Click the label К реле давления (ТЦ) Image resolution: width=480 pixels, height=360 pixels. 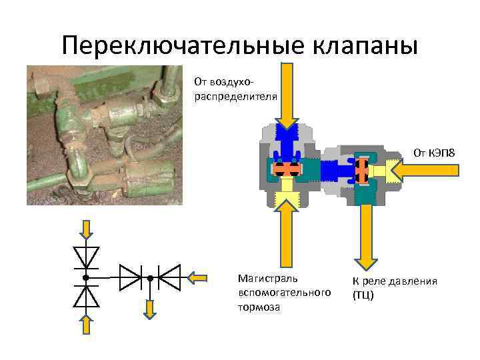(395, 287)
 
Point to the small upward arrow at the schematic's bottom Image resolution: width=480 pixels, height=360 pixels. (87, 325)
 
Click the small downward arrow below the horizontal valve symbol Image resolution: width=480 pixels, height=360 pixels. (150, 308)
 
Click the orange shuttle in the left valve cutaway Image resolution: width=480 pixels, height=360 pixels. (287, 169)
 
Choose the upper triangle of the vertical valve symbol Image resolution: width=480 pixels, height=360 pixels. (87, 257)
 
